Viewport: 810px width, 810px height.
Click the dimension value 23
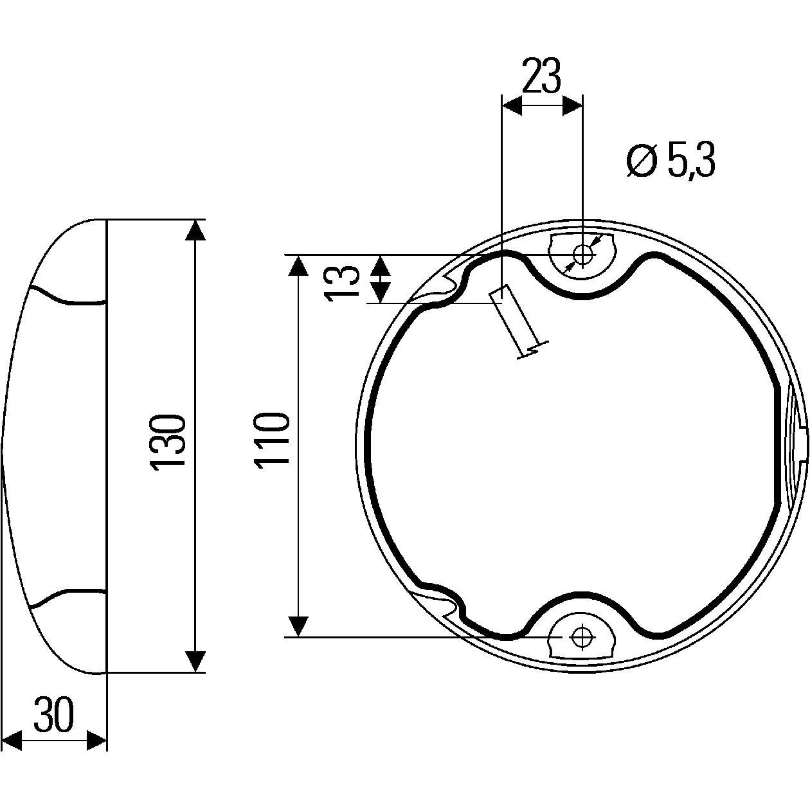click(x=541, y=76)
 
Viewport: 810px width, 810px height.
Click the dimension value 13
click(x=341, y=279)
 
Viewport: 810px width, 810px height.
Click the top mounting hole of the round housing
click(x=582, y=255)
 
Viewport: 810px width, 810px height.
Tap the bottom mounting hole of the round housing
click(x=582, y=636)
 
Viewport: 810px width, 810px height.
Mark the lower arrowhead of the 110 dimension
click(x=298, y=625)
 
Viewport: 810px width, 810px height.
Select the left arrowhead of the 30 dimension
click(x=12, y=740)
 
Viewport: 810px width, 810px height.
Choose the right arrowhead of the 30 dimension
click(x=96, y=740)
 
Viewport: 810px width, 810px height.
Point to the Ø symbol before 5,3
click(x=641, y=161)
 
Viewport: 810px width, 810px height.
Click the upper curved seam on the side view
click(x=64, y=297)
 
